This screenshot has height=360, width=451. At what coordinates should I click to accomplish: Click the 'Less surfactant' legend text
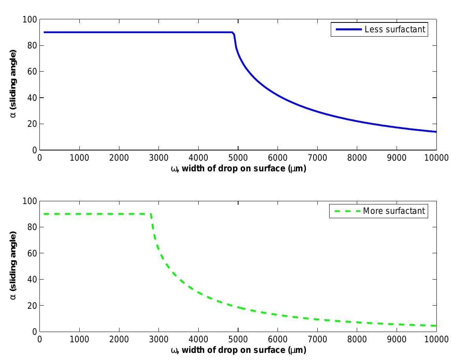(x=395, y=30)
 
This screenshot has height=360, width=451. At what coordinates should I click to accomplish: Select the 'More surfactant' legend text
(x=394, y=211)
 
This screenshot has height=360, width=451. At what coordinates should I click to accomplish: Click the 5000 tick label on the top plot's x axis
(x=238, y=158)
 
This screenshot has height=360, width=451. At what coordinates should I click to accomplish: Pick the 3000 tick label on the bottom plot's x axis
(x=158, y=340)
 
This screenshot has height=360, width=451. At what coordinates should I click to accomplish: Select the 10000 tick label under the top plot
(x=436, y=158)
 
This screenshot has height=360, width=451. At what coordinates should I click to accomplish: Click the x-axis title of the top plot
(x=238, y=169)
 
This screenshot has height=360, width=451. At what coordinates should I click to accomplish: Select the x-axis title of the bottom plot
(x=238, y=350)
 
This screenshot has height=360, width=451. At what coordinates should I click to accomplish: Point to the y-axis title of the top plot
(x=13, y=84)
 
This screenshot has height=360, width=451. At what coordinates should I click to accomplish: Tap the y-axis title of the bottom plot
(x=13, y=266)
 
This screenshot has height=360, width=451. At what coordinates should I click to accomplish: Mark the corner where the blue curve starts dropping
(x=233, y=32)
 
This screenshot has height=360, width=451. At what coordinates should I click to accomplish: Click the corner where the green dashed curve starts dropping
(x=151, y=214)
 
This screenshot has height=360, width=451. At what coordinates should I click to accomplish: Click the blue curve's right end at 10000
(x=436, y=132)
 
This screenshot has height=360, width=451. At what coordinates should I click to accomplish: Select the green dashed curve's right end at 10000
(x=436, y=326)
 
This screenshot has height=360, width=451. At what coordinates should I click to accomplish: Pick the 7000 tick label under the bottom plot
(x=317, y=340)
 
